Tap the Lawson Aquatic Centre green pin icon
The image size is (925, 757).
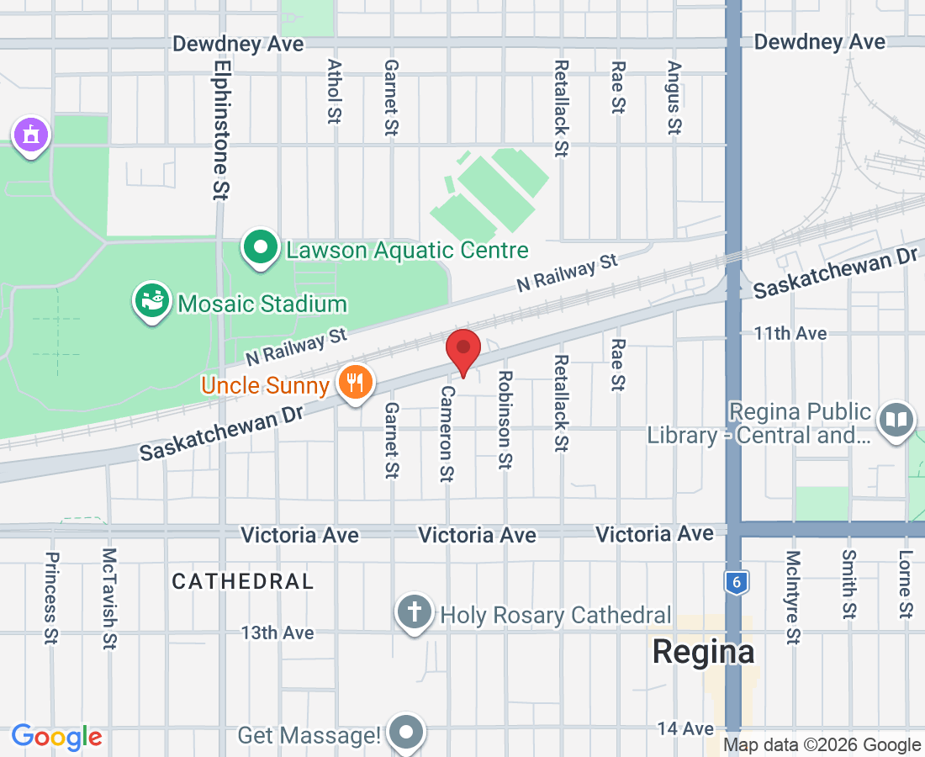pos(261,248)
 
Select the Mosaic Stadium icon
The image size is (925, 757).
pos(152,303)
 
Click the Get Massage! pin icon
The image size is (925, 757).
pos(408,733)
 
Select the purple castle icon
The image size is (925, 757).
pos(31,135)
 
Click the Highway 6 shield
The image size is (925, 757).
pos(735,582)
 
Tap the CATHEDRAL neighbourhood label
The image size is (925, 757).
pos(243,581)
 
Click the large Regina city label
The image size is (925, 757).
pos(704,652)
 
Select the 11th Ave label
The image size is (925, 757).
pos(790,334)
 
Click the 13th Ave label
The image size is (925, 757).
pos(277,633)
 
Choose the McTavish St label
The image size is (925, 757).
pos(109,598)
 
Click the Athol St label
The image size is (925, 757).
pos(335,92)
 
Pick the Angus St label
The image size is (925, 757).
pos(674,98)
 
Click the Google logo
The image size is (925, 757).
pos(56,737)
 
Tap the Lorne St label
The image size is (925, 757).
pos(905,585)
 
